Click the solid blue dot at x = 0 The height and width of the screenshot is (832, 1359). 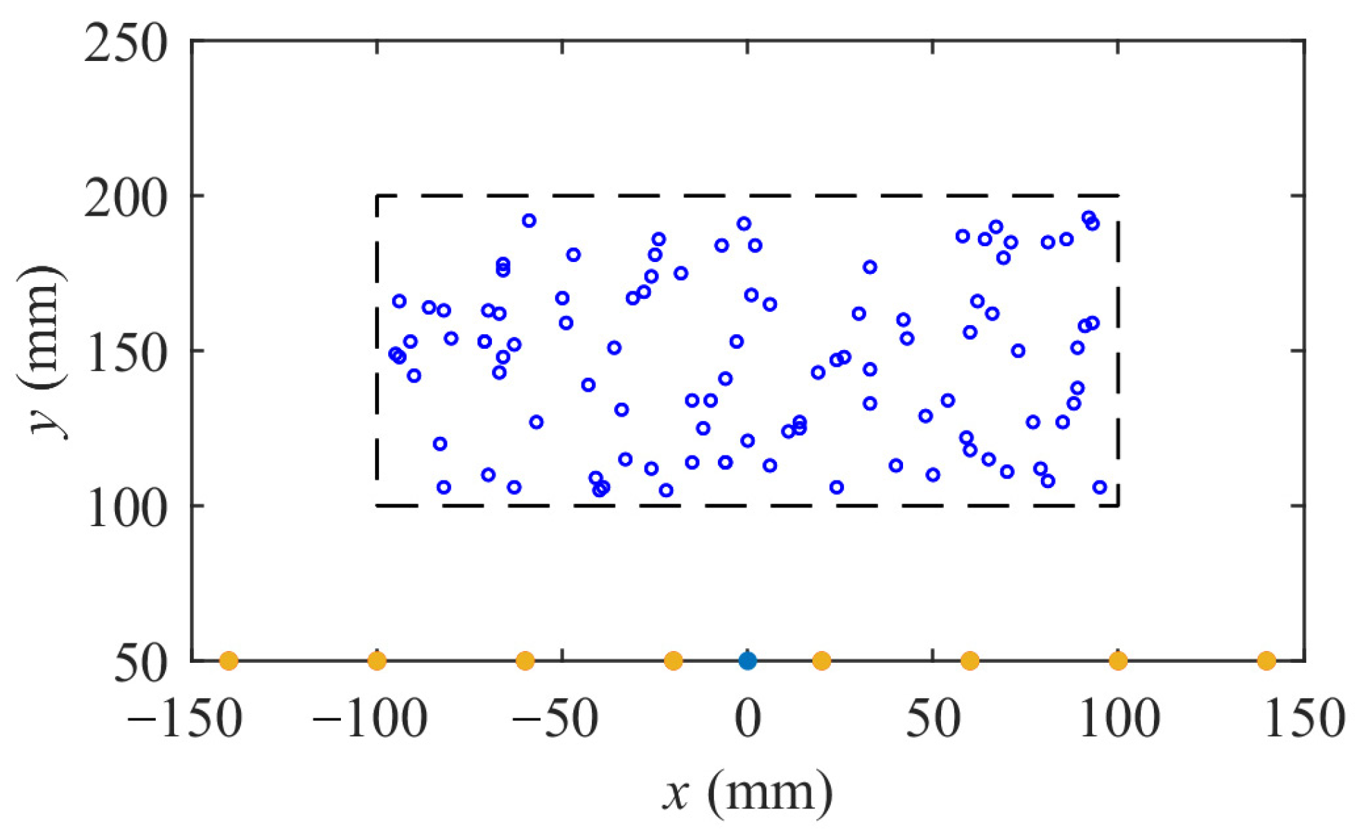click(747, 661)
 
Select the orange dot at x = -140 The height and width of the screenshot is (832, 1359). click(229, 661)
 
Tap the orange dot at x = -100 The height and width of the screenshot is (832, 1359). click(376, 661)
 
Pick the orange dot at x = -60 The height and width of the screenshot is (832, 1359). click(525, 661)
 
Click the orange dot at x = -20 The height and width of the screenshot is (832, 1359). click(673, 661)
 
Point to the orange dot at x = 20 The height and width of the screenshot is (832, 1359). click(821, 661)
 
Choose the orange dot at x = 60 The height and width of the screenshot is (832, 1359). click(970, 661)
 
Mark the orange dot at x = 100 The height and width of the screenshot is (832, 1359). click(1118, 661)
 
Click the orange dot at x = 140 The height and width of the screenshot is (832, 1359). click(1266, 661)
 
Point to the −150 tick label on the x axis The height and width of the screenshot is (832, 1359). click(184, 718)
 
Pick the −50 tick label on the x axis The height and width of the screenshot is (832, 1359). click(555, 718)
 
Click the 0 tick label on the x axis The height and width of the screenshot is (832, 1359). click(748, 718)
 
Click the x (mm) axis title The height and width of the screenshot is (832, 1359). click(748, 792)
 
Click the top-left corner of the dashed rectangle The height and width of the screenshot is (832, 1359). click(377, 196)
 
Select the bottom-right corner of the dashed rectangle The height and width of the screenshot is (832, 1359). click(1118, 505)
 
